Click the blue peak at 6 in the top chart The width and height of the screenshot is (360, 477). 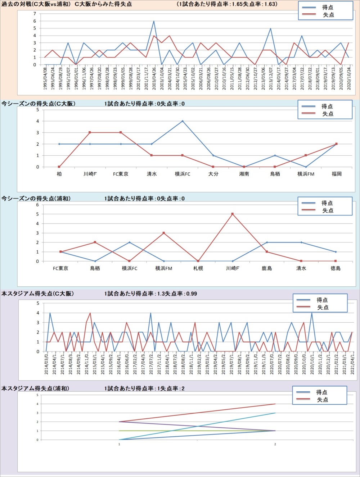click(154, 21)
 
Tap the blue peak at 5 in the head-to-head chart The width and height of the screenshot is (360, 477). click(270, 28)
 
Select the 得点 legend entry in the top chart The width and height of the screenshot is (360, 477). click(327, 7)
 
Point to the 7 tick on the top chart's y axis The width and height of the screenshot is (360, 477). click(35, 14)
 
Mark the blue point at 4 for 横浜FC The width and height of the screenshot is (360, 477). click(183, 121)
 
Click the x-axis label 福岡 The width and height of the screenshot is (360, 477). click(337, 174)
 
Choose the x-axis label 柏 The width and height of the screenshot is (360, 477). click(59, 174)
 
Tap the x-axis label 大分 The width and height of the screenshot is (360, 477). click(213, 174)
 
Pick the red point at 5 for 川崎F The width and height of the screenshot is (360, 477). click(233, 214)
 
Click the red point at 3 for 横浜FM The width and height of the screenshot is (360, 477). click(164, 233)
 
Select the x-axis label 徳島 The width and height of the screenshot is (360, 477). click(336, 268)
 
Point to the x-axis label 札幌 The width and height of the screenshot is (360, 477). click(198, 268)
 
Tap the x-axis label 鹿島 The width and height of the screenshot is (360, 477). click(267, 268)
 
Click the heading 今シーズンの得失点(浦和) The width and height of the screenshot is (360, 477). click(36, 199)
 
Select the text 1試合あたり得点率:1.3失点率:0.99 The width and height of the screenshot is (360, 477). click(150, 294)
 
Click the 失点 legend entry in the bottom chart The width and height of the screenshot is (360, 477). click(322, 400)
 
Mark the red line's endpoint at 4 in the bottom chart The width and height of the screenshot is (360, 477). click(275, 404)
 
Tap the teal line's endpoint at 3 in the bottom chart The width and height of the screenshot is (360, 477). click(275, 413)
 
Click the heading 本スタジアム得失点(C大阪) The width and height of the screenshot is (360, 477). click(38, 294)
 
